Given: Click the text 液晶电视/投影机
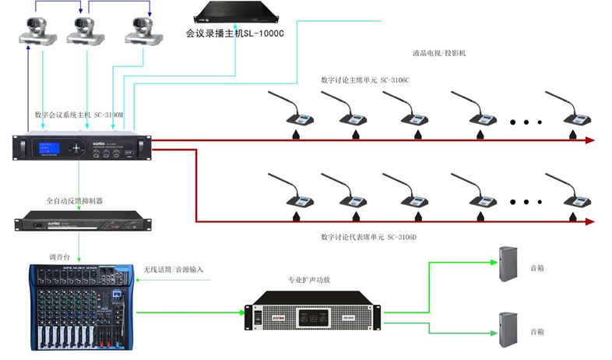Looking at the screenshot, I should coord(438,53).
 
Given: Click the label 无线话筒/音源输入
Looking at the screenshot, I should coord(173,270).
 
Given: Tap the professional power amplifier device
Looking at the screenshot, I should coord(312,312).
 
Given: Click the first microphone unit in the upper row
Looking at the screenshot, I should coord(293,114).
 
